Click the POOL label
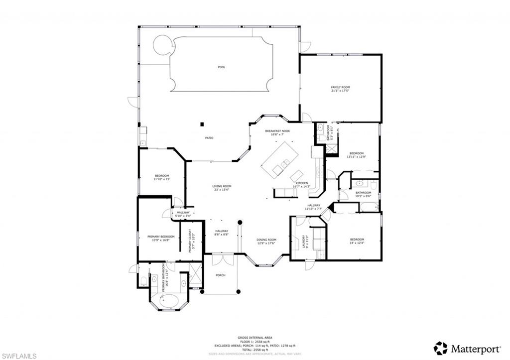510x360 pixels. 222,67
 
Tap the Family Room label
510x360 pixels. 340,89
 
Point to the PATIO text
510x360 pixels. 210,138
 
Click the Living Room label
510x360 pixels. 222,188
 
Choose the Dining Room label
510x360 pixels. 266,241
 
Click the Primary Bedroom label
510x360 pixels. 161,238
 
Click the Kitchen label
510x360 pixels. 302,185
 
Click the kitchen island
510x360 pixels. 279,158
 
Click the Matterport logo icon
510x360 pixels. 440,348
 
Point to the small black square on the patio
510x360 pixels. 202,124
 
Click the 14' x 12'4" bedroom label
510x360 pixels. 357,241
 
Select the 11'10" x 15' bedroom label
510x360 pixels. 162,177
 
